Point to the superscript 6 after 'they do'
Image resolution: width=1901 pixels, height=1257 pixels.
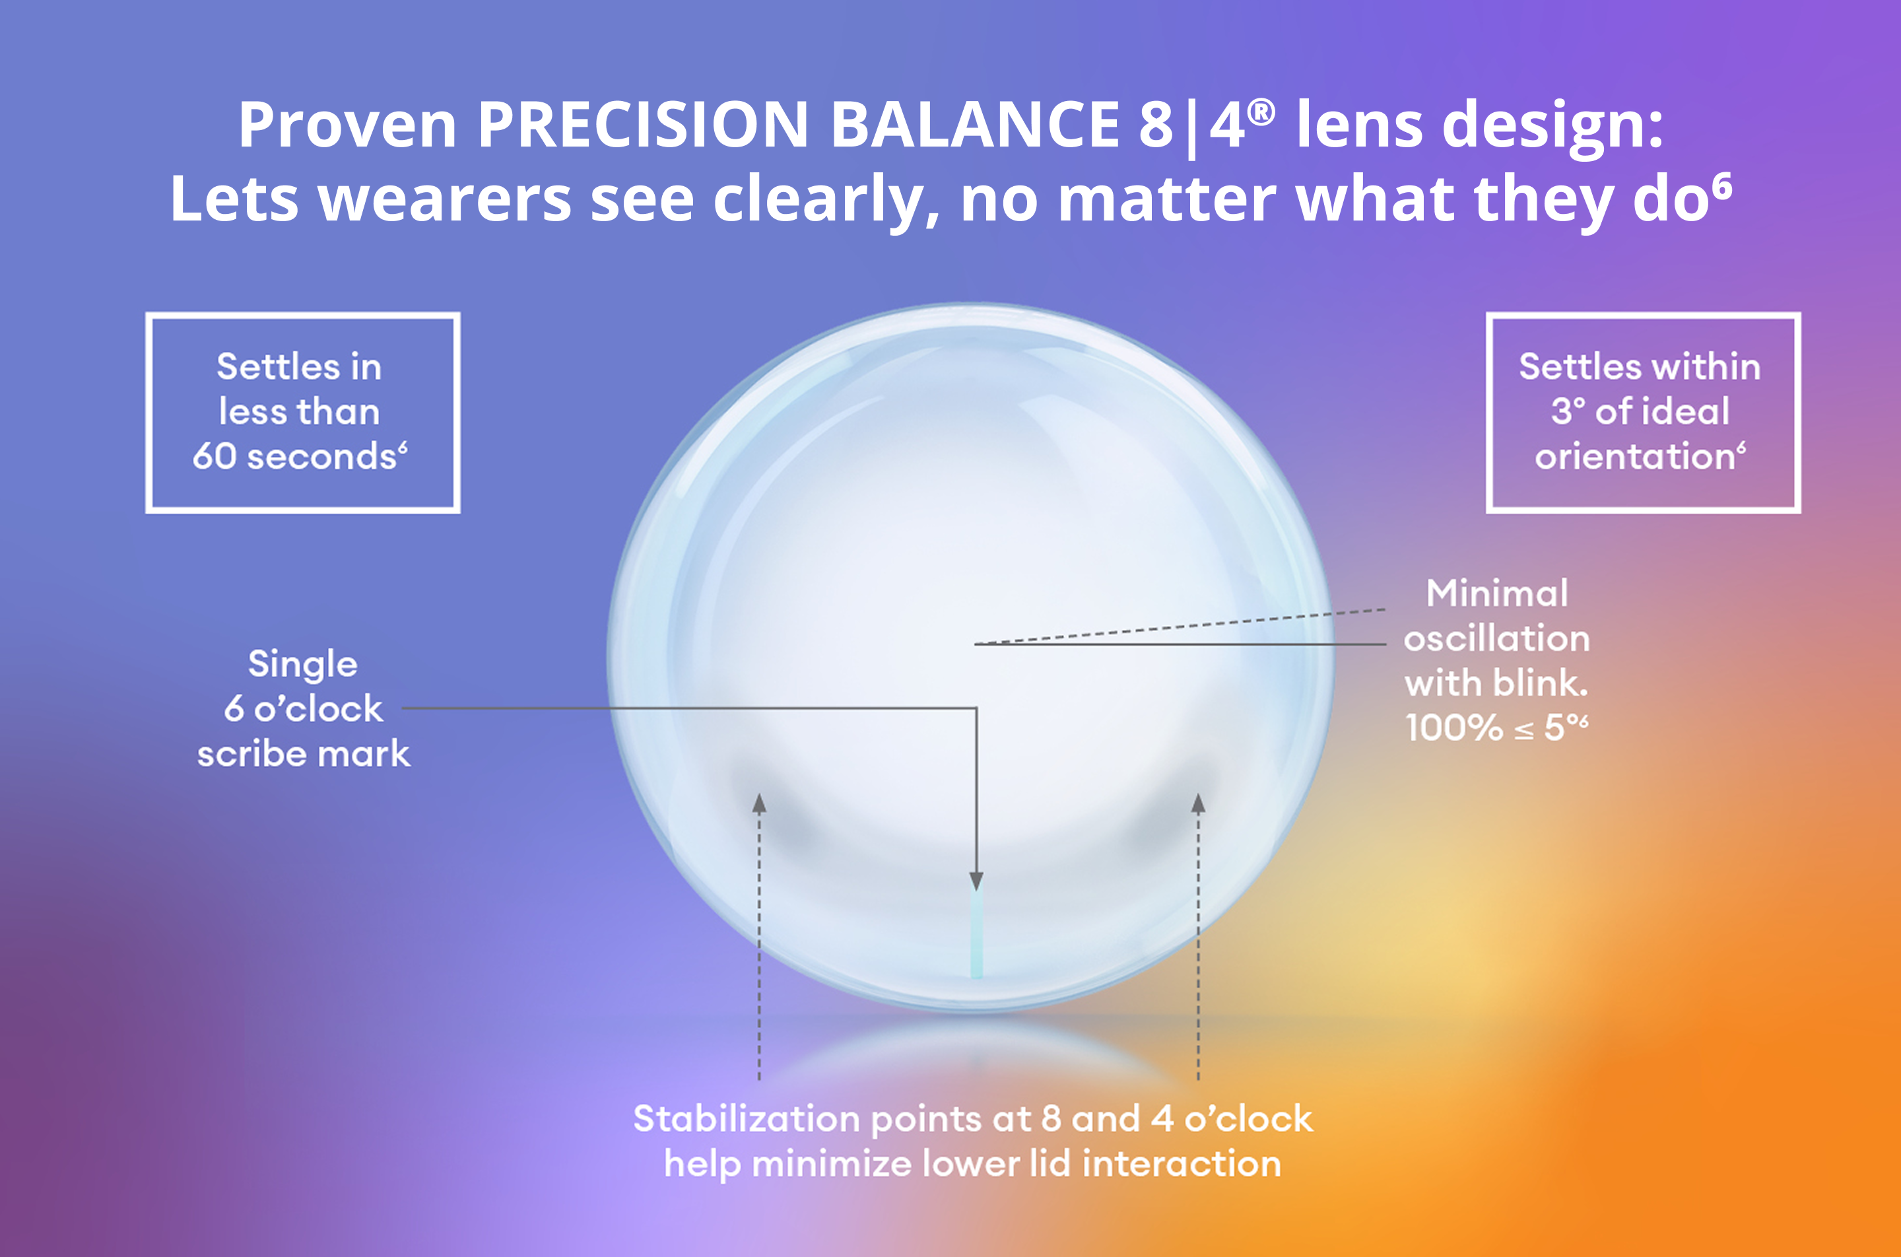click(x=1721, y=187)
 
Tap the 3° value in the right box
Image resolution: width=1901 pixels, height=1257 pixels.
click(x=1568, y=411)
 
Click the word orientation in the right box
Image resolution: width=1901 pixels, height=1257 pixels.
click(x=1635, y=456)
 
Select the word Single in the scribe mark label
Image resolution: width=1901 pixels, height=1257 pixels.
click(x=302, y=663)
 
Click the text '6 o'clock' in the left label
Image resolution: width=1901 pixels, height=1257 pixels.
click(x=303, y=708)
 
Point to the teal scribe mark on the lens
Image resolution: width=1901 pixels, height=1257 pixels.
click(x=976, y=934)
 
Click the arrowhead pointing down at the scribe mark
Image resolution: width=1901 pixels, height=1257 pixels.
click(x=976, y=881)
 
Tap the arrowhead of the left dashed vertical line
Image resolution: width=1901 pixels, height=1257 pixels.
click(x=759, y=803)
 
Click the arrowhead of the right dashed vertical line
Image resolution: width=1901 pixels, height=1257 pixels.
click(x=1198, y=803)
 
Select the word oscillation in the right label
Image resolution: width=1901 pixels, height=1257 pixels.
click(x=1496, y=639)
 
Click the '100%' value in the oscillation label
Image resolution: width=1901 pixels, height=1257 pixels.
click(x=1453, y=728)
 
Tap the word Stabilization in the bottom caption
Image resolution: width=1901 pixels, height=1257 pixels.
click(x=745, y=1119)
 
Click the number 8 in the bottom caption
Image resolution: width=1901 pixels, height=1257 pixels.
click(x=1051, y=1118)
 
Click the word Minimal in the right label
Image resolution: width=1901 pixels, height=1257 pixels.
click(x=1496, y=594)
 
